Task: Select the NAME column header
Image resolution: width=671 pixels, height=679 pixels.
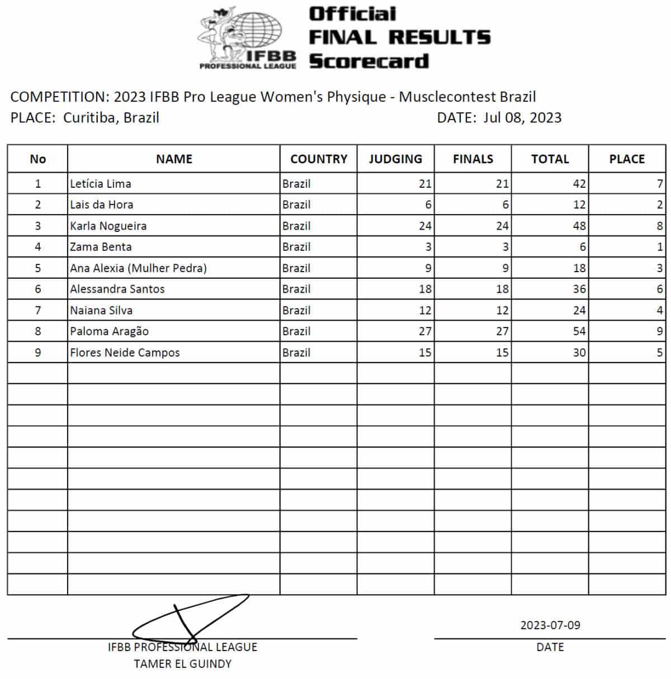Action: pyautogui.click(x=174, y=159)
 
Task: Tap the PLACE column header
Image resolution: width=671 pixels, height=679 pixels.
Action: pyautogui.click(x=627, y=159)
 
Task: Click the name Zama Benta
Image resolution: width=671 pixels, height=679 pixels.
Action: pyautogui.click(x=101, y=247)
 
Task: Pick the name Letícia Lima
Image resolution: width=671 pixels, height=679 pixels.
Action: pyautogui.click(x=101, y=184)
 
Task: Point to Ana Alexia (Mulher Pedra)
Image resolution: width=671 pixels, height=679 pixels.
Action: pyautogui.click(x=138, y=268)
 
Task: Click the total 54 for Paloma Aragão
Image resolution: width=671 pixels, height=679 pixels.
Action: pyautogui.click(x=579, y=331)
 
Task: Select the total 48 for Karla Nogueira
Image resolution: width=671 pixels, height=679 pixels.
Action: pyautogui.click(x=579, y=226)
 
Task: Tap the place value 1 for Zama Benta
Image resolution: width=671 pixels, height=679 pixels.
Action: pyautogui.click(x=660, y=247)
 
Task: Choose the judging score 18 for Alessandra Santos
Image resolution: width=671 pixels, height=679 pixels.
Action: pyautogui.click(x=425, y=289)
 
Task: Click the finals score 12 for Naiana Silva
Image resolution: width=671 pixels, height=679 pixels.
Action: pyautogui.click(x=502, y=310)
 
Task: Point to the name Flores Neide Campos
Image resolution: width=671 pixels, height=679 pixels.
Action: pyautogui.click(x=125, y=353)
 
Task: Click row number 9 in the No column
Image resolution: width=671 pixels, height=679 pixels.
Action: pyautogui.click(x=38, y=353)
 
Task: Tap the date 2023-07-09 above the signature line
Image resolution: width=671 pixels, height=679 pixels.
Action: pyautogui.click(x=550, y=625)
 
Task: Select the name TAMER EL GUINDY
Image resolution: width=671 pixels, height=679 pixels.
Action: pyautogui.click(x=182, y=664)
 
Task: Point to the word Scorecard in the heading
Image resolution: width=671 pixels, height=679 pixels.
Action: pyautogui.click(x=369, y=61)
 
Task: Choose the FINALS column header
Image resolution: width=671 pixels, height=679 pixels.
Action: pyautogui.click(x=473, y=159)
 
